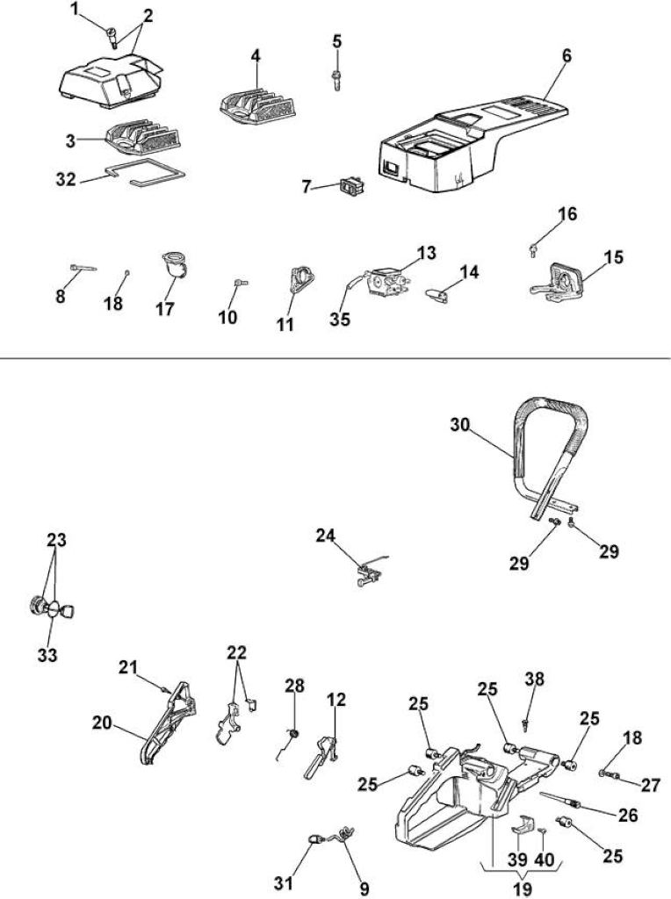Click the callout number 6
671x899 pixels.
tap(566, 55)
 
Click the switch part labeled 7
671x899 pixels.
tap(352, 186)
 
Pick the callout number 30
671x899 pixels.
tap(460, 425)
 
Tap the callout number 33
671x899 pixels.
tap(47, 655)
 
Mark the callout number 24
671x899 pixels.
tap(325, 535)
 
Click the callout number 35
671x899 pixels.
tap(340, 318)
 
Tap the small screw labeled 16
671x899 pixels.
tap(533, 250)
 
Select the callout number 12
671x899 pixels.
tap(336, 700)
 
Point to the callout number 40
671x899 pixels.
tap(545, 859)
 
